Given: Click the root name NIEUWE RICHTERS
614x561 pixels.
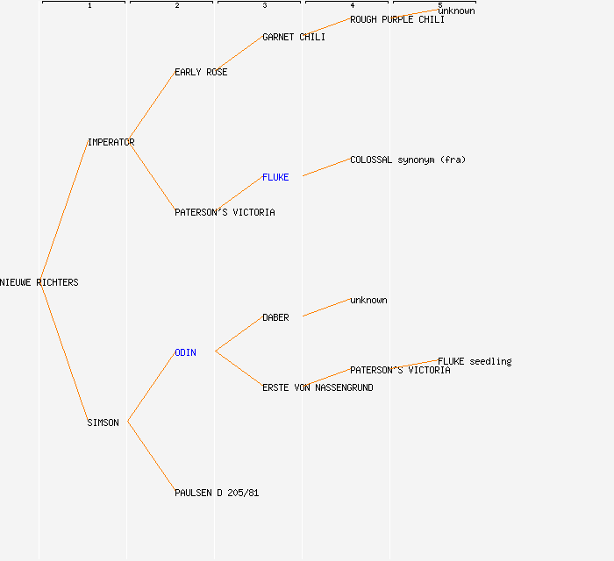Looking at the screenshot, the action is click(39, 282).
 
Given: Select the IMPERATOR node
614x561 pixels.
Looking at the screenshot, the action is click(111, 142).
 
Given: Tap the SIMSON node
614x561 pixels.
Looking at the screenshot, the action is click(103, 423).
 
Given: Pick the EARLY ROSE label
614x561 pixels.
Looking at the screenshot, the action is click(201, 73).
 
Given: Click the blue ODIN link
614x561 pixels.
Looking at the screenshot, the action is click(185, 353).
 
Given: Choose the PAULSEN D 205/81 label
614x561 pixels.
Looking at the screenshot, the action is click(217, 493).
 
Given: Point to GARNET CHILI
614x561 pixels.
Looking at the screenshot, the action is click(294, 37).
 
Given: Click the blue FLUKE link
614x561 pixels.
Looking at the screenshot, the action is click(275, 178).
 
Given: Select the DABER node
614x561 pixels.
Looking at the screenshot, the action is click(275, 317).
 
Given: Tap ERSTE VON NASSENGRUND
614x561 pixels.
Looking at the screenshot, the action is click(318, 387).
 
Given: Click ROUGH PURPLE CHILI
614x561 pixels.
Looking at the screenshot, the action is click(397, 19).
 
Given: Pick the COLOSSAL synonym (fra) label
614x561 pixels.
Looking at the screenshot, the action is click(408, 160).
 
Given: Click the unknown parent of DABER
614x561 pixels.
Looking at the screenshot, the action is click(368, 300).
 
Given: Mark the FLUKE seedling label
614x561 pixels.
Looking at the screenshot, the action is click(475, 361).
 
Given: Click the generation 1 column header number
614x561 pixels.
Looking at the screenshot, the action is click(89, 5).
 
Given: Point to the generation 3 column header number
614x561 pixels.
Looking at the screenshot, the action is click(265, 5).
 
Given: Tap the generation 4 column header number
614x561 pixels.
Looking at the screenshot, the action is click(353, 5).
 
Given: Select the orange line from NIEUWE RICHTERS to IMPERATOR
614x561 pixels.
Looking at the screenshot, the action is click(64, 211).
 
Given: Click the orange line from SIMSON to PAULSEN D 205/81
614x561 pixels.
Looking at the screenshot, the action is click(151, 457).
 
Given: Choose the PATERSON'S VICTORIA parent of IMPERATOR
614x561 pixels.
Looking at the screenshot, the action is click(225, 212).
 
